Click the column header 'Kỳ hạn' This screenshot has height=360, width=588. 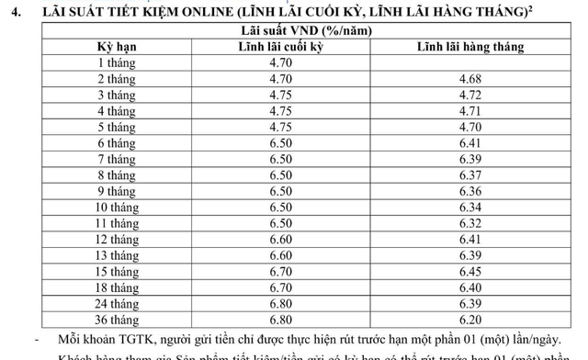coord(116,47)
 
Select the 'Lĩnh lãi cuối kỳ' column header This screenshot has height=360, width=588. coord(280,47)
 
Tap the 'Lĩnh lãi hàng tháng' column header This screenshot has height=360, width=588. coord(470,47)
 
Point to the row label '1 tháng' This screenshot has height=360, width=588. coord(116,62)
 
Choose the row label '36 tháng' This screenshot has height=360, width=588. coord(116,320)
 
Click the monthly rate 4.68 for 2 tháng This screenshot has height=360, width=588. coord(469,79)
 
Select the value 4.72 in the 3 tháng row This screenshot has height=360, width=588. coord(469,95)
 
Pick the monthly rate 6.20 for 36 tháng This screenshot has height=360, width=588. coord(469,320)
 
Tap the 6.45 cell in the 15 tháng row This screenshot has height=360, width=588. coord(469,272)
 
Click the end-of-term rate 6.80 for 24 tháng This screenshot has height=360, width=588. coord(280,304)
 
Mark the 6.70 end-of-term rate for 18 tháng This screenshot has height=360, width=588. coord(280,287)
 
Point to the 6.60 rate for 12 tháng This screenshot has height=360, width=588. coord(280,240)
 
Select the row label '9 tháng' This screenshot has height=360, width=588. coord(116,191)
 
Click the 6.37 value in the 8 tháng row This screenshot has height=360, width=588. coord(469,175)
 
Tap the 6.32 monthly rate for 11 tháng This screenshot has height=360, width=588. coord(469,223)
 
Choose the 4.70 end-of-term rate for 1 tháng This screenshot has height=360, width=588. coord(280,62)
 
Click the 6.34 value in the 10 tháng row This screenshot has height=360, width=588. coord(469,208)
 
